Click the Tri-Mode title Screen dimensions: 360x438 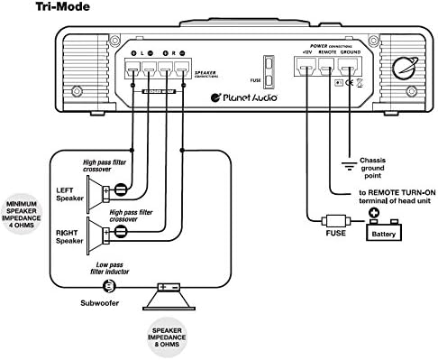[35, 8]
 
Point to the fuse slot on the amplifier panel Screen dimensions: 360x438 [267, 70]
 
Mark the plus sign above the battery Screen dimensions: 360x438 [374, 214]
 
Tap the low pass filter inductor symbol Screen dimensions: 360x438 [108, 286]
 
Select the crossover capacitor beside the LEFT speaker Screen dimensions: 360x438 [120, 189]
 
